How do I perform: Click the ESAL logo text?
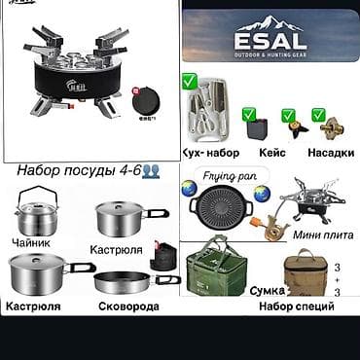270,40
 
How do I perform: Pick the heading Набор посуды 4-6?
73,169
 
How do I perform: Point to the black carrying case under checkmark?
256,129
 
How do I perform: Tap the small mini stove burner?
311,205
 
